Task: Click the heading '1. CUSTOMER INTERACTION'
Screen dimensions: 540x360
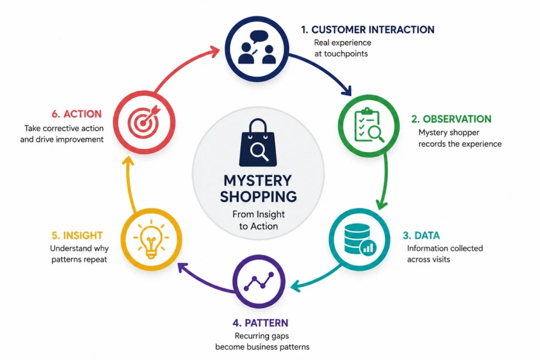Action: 368,30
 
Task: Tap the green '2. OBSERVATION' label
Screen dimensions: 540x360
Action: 451,119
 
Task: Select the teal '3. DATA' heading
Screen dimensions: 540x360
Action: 421,236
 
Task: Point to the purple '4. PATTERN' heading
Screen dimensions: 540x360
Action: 261,323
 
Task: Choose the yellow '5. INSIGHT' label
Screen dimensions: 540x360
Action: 77,236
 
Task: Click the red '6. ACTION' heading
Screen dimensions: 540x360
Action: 77,114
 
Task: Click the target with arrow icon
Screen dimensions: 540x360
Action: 144,121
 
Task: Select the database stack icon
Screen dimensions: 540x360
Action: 360,239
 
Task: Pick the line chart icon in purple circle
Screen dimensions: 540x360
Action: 259,281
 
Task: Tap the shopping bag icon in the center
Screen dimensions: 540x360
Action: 258,142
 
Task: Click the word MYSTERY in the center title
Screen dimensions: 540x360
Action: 257,181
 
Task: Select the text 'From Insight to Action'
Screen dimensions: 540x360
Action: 258,220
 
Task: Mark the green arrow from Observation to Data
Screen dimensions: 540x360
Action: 385,181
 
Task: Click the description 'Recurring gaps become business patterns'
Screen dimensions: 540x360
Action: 262,341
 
